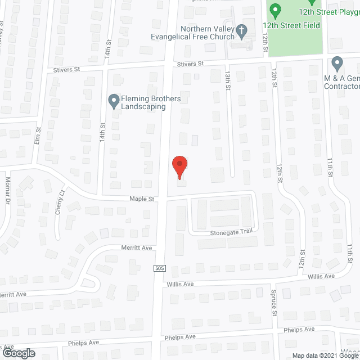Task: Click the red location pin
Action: click(x=179, y=167)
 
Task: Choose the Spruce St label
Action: click(x=275, y=304)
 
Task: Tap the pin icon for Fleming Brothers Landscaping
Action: click(x=113, y=100)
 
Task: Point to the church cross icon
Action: click(x=241, y=30)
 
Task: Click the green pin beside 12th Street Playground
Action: click(x=275, y=10)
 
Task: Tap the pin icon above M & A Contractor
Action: click(x=337, y=62)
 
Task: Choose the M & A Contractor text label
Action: click(x=342, y=82)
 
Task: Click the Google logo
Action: click(x=18, y=353)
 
